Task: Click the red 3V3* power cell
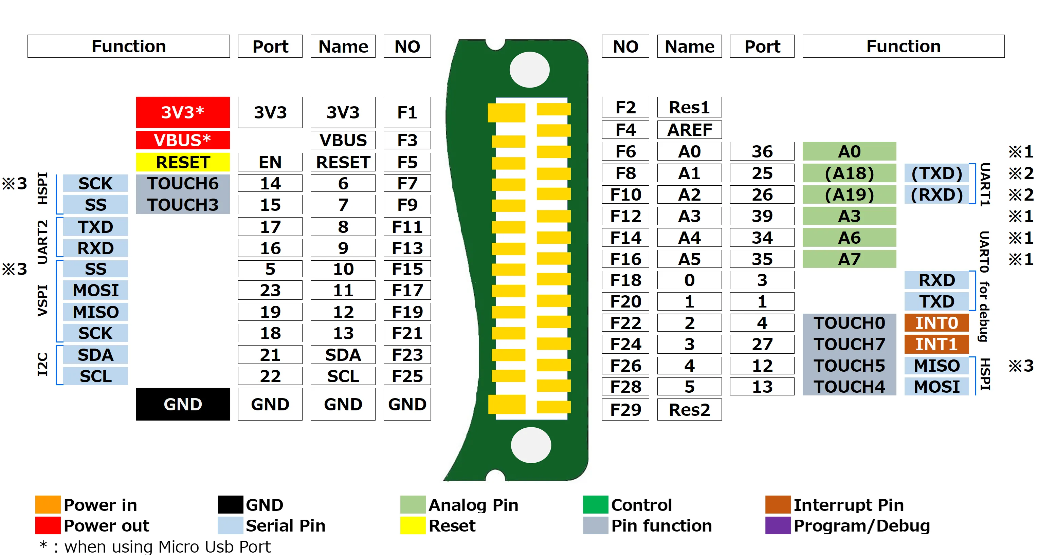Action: [x=183, y=112]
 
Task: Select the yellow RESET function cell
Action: [x=183, y=162]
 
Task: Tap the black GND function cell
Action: [x=183, y=404]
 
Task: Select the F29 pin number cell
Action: [x=625, y=409]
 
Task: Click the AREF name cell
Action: [x=689, y=130]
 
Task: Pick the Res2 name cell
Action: [x=689, y=409]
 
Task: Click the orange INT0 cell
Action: [x=936, y=323]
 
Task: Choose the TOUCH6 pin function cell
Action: [x=183, y=184]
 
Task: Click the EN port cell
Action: [x=270, y=162]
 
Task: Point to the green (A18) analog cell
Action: [x=849, y=173]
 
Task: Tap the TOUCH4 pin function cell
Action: [x=849, y=386]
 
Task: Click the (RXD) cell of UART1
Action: [x=936, y=194]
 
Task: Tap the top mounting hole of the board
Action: [x=529, y=70]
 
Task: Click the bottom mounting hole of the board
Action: [x=531, y=445]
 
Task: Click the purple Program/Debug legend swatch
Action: [x=778, y=526]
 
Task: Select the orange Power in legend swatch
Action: [x=48, y=505]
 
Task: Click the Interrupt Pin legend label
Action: [x=848, y=505]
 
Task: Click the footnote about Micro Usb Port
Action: [x=155, y=546]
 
